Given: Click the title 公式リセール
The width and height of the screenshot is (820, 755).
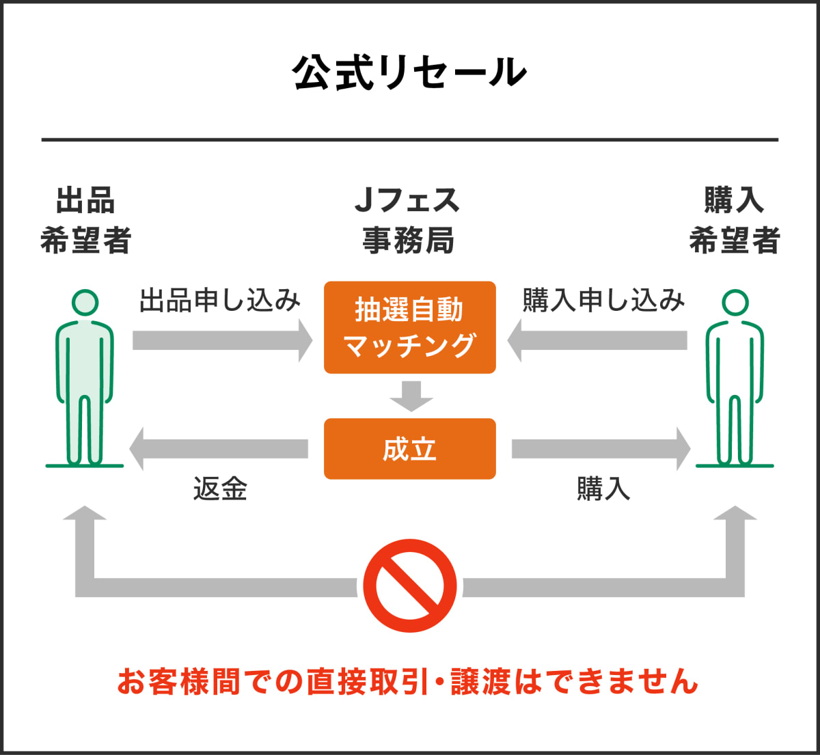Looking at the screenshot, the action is pos(410,73).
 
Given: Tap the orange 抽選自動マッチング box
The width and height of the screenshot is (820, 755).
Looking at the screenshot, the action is pos(409,327).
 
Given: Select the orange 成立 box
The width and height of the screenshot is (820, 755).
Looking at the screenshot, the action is pos(409,449).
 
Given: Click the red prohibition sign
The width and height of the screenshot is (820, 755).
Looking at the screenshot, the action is pos(409,586).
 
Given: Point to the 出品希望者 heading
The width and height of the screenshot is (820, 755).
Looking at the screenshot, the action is pos(85,221).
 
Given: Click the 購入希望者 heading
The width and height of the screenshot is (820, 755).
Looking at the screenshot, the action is pos(734,221).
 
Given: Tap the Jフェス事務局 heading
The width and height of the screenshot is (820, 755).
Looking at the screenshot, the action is pos(409,221).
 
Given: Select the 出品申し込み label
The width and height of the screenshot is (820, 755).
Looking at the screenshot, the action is pos(219,301).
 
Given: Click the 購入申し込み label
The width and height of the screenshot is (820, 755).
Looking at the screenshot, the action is pos(603,301).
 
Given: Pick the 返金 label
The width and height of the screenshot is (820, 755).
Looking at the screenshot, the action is pos(219,489).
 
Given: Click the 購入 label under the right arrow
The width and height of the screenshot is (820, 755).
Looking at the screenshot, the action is pos(603,489).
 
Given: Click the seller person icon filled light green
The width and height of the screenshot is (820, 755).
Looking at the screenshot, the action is pos(85,379).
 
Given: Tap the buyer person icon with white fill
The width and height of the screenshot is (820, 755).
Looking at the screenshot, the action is pos(735,379).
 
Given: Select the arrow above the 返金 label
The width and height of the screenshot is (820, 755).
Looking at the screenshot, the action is pos(219,449).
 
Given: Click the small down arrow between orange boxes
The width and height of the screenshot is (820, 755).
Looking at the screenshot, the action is pos(410,396).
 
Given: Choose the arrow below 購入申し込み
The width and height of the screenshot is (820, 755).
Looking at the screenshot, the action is pos(597,340).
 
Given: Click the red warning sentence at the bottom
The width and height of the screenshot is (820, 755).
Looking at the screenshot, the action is pos(408,682).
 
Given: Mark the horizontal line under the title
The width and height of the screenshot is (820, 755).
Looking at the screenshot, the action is pos(410,140).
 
